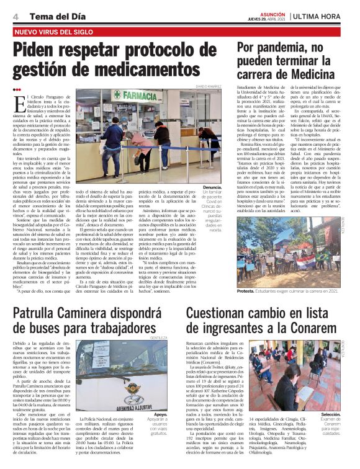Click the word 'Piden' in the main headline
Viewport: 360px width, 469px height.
tap(41, 49)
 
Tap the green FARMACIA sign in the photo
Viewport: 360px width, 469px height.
tap(142, 96)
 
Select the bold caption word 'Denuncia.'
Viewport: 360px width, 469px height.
tap(212, 185)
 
